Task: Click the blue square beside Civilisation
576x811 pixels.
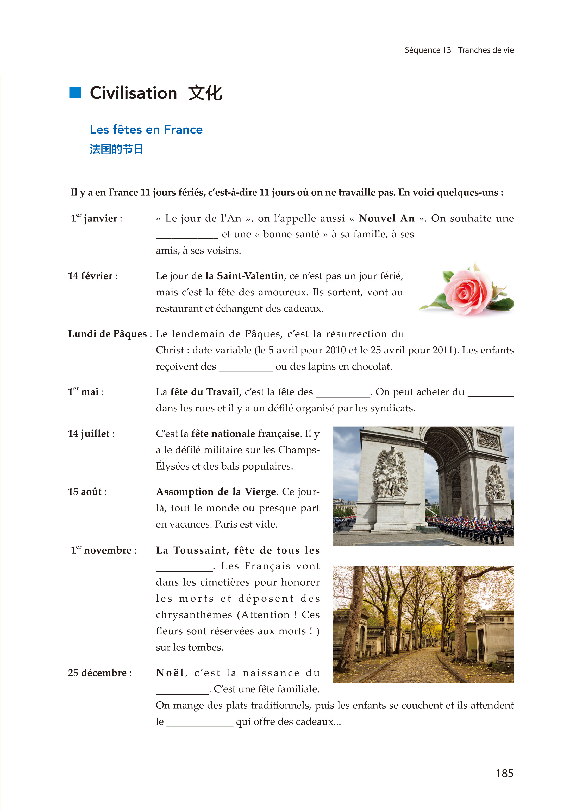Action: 75,93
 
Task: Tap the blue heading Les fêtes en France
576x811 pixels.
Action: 146,130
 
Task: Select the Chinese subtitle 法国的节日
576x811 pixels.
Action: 116,149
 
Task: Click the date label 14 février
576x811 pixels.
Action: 93,276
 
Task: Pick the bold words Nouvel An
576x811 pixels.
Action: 387,218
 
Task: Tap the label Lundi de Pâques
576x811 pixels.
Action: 108,334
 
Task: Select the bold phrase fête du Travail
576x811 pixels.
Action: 205,392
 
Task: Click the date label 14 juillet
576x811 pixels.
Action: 91,434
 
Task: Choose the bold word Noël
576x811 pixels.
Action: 170,673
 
